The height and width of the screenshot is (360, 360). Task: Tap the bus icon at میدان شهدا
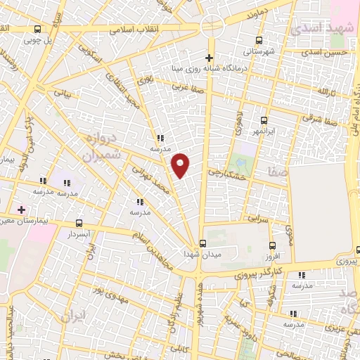pyautogui.click(x=203, y=243)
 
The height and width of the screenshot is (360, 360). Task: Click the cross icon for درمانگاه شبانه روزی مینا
pyautogui.click(x=209, y=58)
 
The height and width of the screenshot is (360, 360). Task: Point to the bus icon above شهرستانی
pyautogui.click(x=259, y=40)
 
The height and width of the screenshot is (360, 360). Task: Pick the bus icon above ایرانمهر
pyautogui.click(x=264, y=120)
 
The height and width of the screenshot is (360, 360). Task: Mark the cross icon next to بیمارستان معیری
pyautogui.click(x=21, y=210)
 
